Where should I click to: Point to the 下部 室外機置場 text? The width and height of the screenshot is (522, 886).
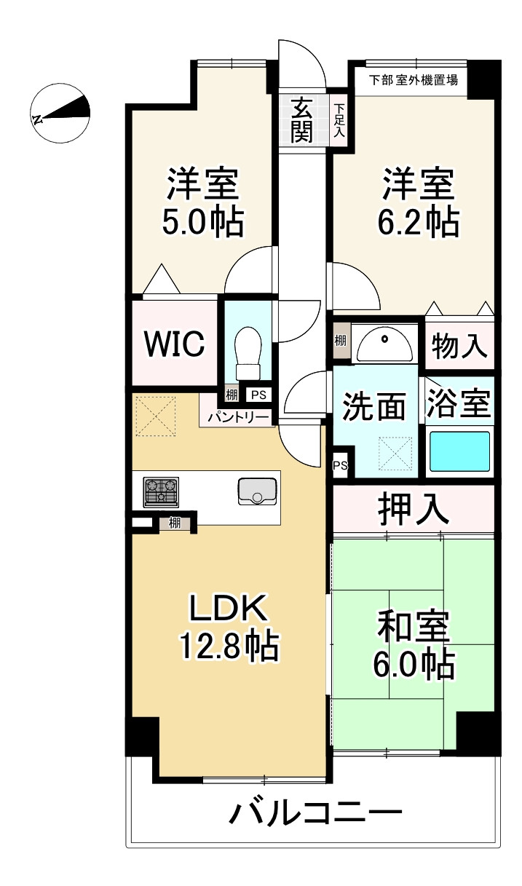(413, 80)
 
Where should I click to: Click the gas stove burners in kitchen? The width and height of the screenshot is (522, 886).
(161, 492)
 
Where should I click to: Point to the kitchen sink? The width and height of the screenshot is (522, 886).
(257, 491)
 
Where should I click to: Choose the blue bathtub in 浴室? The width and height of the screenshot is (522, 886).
(459, 451)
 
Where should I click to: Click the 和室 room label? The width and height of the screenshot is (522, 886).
(412, 625)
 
